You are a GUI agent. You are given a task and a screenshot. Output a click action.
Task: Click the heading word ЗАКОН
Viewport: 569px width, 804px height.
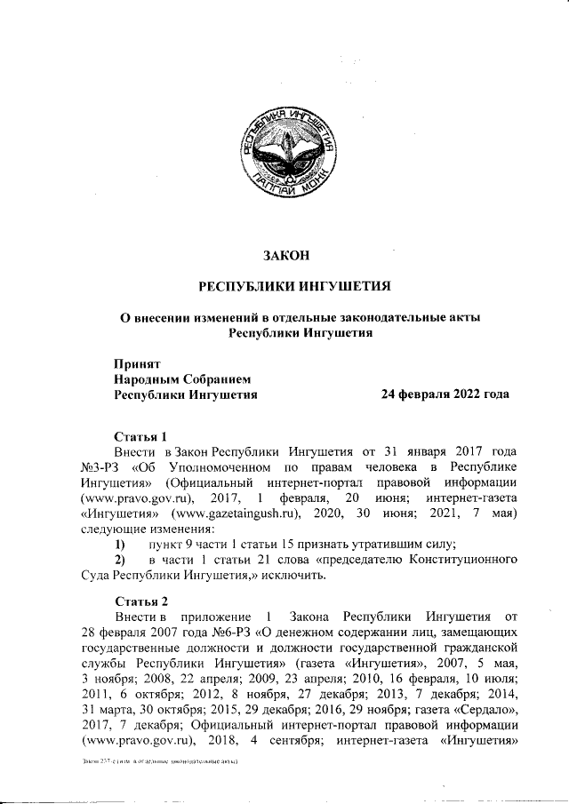[x=285, y=256]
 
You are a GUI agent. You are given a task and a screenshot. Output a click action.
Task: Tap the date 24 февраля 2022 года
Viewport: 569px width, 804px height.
[x=445, y=394]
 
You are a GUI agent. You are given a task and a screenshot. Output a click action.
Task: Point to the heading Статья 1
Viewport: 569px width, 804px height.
[x=141, y=435]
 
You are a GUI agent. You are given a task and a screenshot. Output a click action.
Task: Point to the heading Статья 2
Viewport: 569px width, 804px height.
[x=141, y=601]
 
